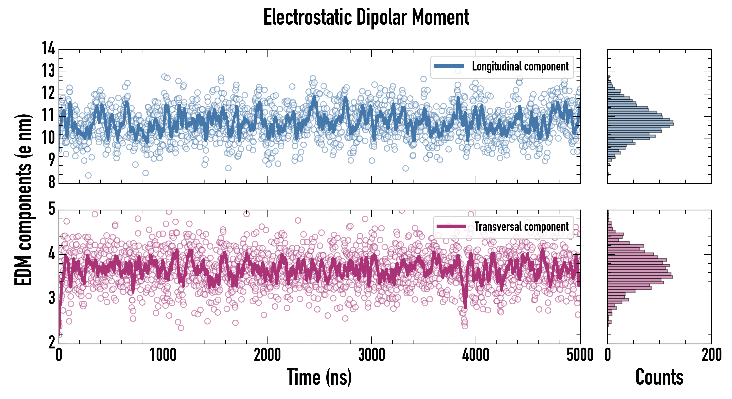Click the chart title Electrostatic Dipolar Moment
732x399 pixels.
pos(366,18)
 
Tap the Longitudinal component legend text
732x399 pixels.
pos(520,66)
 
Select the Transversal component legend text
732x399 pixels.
pos(521,227)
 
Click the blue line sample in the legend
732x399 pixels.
pos(449,66)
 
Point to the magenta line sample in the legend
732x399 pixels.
pos(451,226)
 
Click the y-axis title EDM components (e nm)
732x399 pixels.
pos(23,200)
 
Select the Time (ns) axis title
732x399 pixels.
pos(319,377)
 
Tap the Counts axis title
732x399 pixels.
pos(659,377)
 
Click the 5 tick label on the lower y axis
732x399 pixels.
pos(52,209)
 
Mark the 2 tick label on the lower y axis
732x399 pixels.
pos(52,343)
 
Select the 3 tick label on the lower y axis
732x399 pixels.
pos(52,298)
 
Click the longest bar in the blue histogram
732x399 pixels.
pos(641,124)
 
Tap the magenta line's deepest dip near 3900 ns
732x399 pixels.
pos(465,307)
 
